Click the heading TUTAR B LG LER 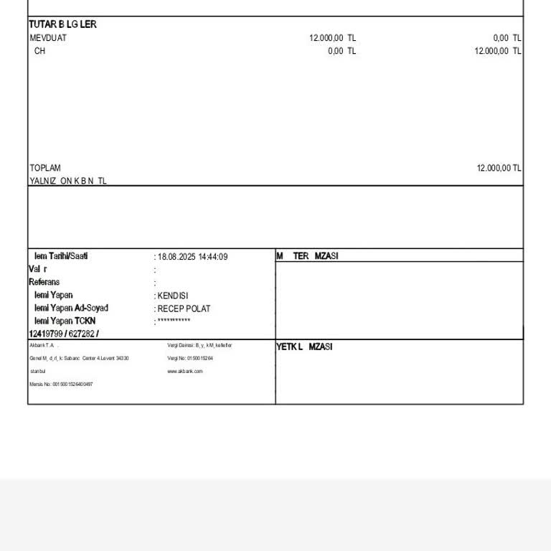[x=62, y=24]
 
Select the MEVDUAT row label [x=48, y=38]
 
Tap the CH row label [x=39, y=51]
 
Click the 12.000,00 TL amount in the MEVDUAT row [x=332, y=38]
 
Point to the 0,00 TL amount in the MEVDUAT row [x=507, y=38]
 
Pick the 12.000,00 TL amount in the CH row [x=498, y=51]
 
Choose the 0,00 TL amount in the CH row [x=342, y=51]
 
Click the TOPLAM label [x=45, y=168]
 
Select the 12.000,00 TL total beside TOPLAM [x=499, y=168]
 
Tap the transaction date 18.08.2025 [x=176, y=257]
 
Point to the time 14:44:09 [x=213, y=257]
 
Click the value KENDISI [x=173, y=296]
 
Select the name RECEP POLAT [x=184, y=309]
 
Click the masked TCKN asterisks [x=174, y=321]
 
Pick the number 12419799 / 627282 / [x=64, y=334]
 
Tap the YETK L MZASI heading [x=304, y=347]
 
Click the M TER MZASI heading [x=307, y=256]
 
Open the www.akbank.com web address [x=185, y=371]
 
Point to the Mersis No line [x=61, y=385]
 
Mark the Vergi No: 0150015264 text [x=190, y=358]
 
